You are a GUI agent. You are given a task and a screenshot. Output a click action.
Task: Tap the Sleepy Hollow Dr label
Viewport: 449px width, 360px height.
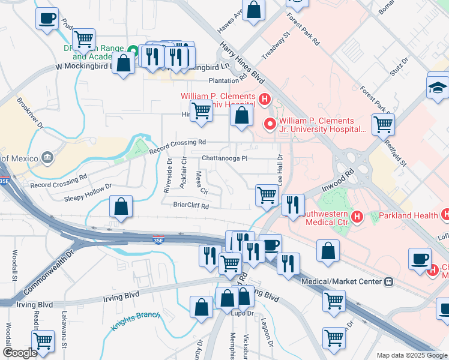[88, 191]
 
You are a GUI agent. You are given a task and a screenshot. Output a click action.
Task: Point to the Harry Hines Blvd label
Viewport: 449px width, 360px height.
[242, 62]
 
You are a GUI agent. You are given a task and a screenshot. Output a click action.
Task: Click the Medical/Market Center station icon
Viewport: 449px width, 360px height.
[388, 281]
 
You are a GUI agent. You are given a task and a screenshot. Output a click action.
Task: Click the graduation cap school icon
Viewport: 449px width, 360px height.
[438, 88]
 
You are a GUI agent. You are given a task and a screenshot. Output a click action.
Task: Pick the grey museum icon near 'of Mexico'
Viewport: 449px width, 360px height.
[47, 158]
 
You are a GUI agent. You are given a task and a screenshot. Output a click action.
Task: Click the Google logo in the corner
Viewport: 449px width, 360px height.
[20, 353]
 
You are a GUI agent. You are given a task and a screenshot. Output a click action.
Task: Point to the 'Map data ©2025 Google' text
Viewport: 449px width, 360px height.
[412, 355]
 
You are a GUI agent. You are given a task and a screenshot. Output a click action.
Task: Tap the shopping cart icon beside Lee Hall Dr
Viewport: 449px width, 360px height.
[267, 194]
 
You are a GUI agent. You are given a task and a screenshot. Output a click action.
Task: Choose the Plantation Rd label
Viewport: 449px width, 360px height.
[228, 79]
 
